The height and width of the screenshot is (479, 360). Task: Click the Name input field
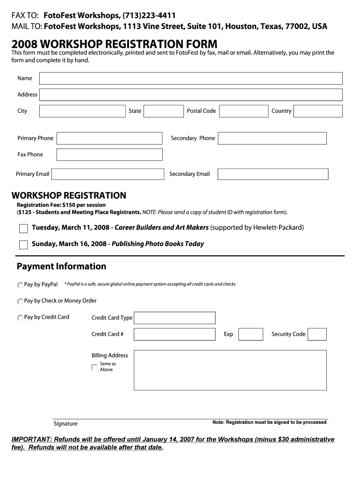click(x=191, y=79)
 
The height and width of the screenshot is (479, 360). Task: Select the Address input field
click(x=191, y=95)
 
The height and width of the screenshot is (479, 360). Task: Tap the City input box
click(x=82, y=111)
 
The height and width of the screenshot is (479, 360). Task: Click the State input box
click(x=164, y=111)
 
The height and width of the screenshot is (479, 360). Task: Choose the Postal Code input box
click(x=243, y=111)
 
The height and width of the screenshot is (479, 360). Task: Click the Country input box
click(x=318, y=111)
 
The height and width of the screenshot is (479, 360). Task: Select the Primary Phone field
click(x=109, y=138)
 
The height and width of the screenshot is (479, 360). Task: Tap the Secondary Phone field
click(x=272, y=138)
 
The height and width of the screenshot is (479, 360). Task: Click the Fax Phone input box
click(x=109, y=155)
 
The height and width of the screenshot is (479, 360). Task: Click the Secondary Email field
click(x=273, y=174)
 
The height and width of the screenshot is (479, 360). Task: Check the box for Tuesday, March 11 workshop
click(x=23, y=229)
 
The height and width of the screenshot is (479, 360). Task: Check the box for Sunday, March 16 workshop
click(x=23, y=245)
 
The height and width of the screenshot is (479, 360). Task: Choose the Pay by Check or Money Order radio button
click(x=20, y=302)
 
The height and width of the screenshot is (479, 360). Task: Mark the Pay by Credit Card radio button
click(x=20, y=318)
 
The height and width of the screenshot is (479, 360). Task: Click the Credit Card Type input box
click(x=174, y=318)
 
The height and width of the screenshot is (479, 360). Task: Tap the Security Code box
click(x=317, y=334)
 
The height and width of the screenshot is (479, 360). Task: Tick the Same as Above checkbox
click(x=95, y=367)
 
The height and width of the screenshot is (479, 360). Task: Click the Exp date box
click(x=251, y=334)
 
